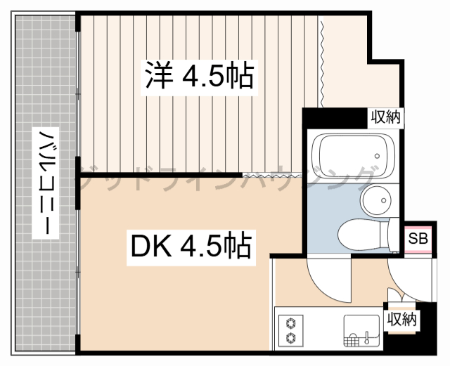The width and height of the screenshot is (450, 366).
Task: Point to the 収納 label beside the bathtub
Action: click(x=386, y=117)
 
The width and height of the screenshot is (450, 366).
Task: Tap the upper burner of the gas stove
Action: click(x=290, y=323)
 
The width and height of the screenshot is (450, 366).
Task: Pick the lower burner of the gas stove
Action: click(x=290, y=339)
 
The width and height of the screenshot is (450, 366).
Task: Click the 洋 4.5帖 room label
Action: click(x=199, y=75)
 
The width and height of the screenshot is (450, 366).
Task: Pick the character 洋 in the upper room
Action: click(x=159, y=75)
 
